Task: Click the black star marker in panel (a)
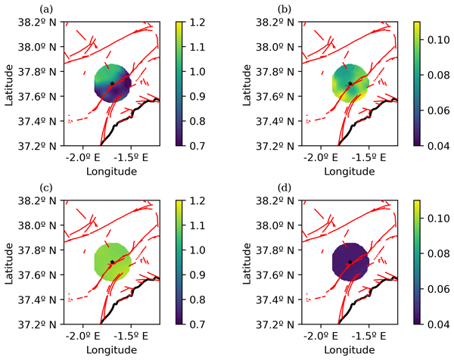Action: pyautogui.click(x=112, y=83)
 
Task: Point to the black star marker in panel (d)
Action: pyautogui.click(x=350, y=262)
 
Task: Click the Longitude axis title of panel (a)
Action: pyautogui.click(x=112, y=172)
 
